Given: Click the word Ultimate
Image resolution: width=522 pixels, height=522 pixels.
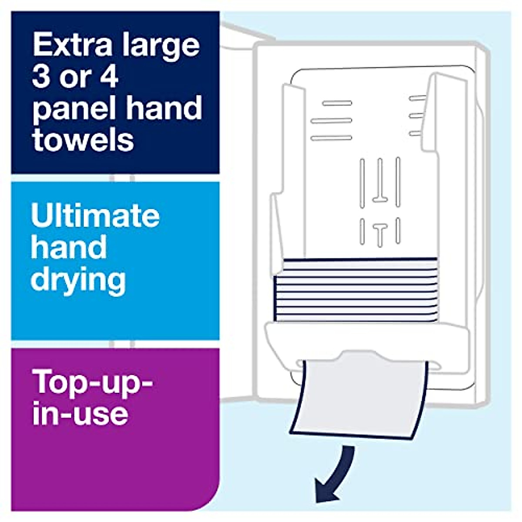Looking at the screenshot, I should pos(95,215).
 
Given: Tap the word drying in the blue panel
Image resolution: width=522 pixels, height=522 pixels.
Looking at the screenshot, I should pos(78,281).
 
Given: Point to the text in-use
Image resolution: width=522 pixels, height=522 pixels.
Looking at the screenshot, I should pos(80,413).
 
